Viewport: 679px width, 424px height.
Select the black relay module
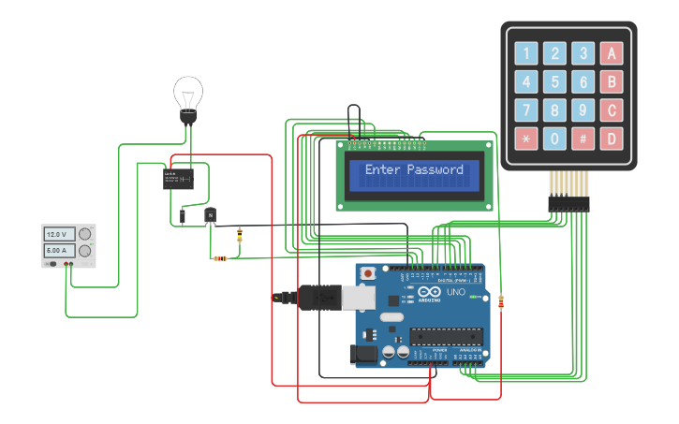pos(178,178)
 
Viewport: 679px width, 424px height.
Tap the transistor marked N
pos(211,216)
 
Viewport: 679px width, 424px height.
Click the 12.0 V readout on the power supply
pos(60,234)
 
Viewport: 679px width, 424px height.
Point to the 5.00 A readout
pos(60,251)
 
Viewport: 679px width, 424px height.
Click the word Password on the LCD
pos(435,170)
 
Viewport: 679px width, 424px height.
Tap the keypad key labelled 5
pos(555,81)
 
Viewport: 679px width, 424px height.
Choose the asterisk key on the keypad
pos(526,139)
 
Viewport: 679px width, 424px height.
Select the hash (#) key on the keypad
pos(583,139)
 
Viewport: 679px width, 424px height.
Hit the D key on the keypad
pos(612,139)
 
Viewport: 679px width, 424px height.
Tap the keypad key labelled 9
pos(583,110)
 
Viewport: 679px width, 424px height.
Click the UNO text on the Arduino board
pos(455,291)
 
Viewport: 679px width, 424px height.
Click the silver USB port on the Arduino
pos(360,297)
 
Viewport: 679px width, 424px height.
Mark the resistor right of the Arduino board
pos(501,301)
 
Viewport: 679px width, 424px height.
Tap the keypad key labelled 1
pos(526,53)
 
